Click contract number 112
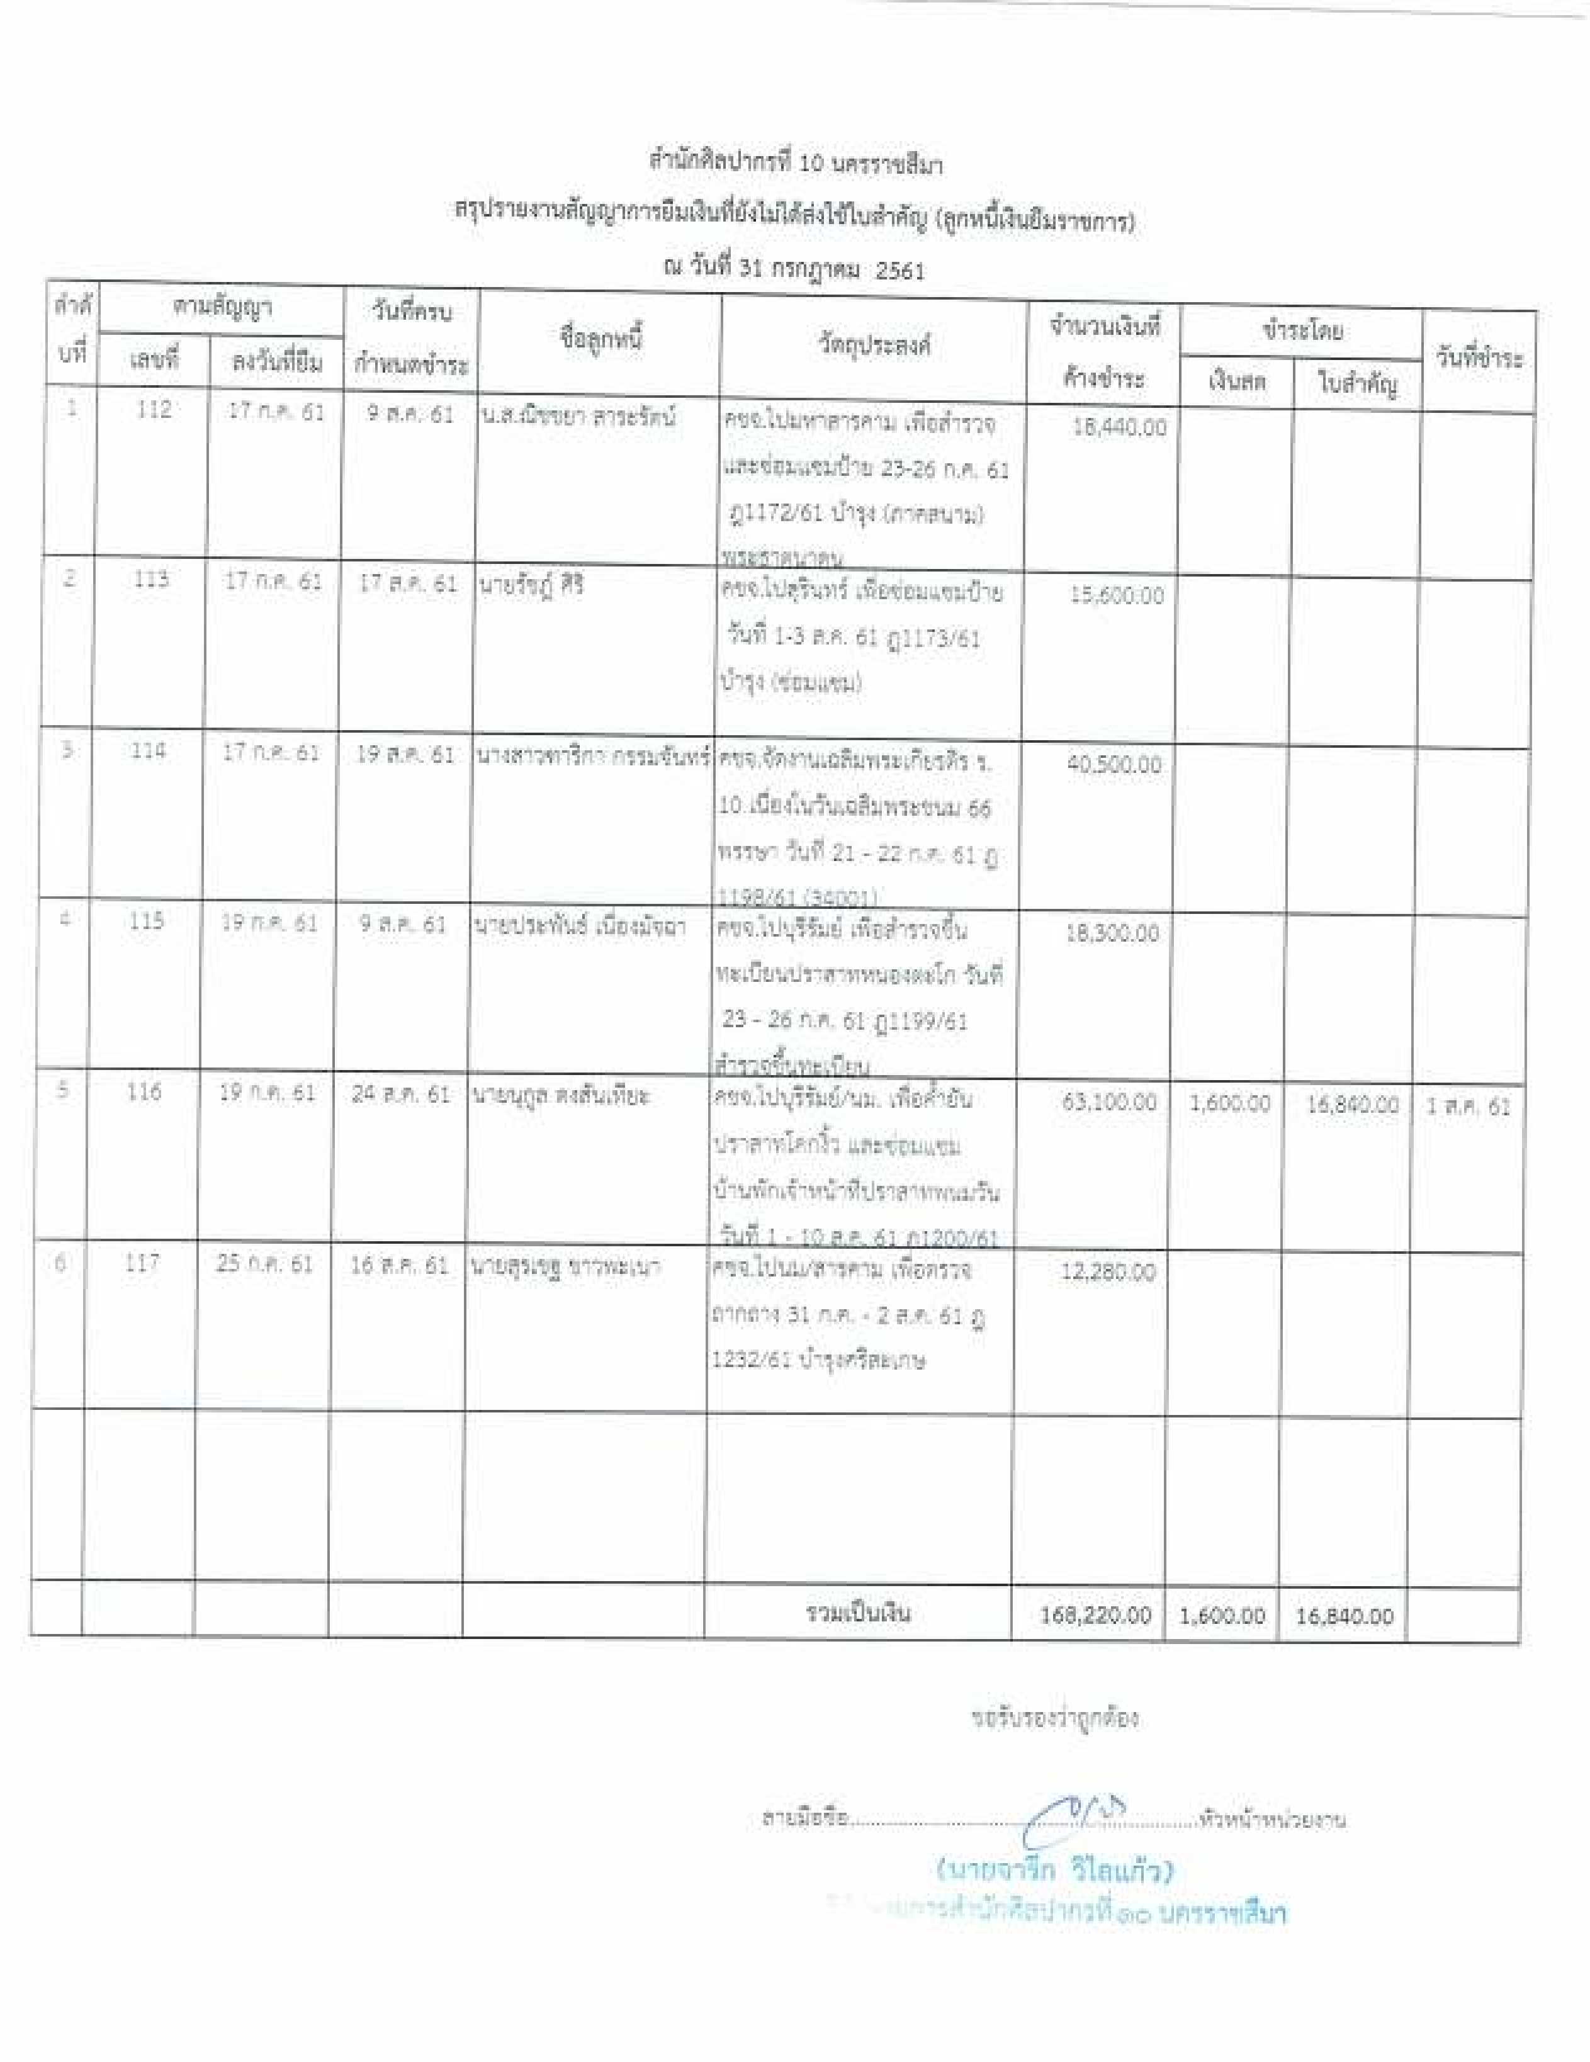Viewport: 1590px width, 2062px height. click(x=153, y=410)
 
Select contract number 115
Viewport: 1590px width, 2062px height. click(x=146, y=920)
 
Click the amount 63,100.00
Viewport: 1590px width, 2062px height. click(x=1108, y=1101)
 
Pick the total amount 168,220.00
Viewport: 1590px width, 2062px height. click(x=1095, y=1615)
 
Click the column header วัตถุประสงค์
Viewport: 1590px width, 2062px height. click(x=874, y=346)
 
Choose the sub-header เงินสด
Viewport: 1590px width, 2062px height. click(x=1237, y=383)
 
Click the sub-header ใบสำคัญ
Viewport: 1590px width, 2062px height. click(x=1357, y=384)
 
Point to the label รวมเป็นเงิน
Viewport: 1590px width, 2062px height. click(x=857, y=1613)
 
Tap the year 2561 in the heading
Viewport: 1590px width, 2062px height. click(x=900, y=271)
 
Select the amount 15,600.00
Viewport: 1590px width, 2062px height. click(x=1116, y=595)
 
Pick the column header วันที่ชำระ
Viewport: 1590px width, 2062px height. click(x=1479, y=359)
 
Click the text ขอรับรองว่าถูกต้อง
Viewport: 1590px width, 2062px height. click(x=1055, y=1717)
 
